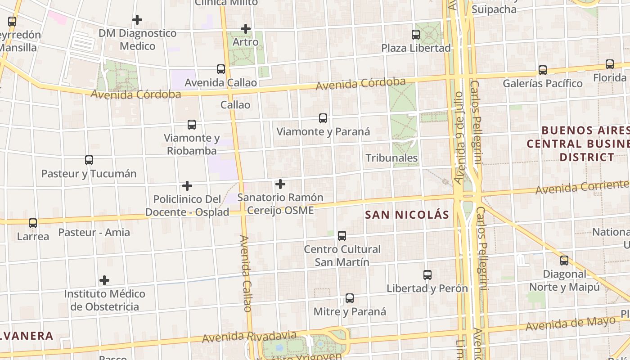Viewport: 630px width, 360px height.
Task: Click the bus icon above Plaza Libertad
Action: coord(416,34)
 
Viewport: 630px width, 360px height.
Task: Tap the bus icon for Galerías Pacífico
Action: coord(543,70)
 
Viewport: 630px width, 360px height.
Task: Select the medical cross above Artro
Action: coord(245,29)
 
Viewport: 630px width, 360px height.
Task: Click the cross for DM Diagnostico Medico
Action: coord(137,20)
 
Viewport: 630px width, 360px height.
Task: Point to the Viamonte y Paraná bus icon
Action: coord(323,118)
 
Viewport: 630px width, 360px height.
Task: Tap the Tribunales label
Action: coord(391,158)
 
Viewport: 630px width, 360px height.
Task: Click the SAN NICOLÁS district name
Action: coord(407,215)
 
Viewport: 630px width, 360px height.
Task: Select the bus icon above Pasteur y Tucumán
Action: coord(89,160)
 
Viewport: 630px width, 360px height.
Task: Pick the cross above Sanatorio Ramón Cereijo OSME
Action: coord(280,184)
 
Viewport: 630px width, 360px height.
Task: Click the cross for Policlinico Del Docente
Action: coord(187,185)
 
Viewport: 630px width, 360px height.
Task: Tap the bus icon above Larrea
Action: coord(33,223)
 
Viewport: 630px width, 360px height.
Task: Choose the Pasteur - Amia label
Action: coord(94,233)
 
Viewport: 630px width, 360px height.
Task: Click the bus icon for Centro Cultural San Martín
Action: coord(342,235)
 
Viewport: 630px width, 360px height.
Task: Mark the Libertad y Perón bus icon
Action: coord(427,274)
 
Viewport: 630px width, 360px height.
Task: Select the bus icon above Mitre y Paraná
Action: coord(350,298)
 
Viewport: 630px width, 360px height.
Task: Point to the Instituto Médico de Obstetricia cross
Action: coord(104,280)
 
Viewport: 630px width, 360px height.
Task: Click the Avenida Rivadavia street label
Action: coord(249,337)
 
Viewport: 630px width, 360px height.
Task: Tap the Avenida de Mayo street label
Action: coord(570,324)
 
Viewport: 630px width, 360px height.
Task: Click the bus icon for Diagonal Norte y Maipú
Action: coord(564,260)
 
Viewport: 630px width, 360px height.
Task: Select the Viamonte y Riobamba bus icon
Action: coord(192,124)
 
